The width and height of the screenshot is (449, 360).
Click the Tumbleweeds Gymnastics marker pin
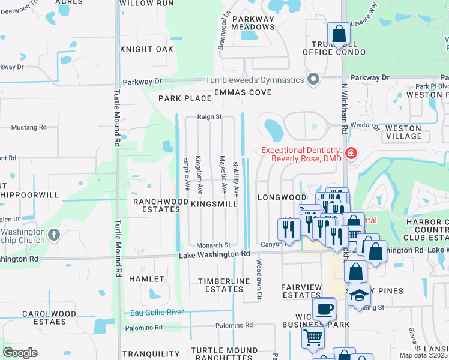pos(313,79)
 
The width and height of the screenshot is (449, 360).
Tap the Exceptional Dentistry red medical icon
pos(351,154)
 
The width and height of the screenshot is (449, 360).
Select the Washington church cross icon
pos(54,234)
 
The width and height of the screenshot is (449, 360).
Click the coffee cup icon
pos(325,310)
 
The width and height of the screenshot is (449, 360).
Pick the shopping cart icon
pos(313,338)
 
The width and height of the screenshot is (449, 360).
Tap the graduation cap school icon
pos(359,295)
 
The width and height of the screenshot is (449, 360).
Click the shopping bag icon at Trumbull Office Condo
pos(339,34)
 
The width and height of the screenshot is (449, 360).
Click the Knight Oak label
pos(146,49)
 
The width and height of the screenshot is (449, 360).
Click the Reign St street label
pos(210,117)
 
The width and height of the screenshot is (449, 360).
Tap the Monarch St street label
pos(213,245)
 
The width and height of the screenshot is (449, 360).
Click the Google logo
pos(20,353)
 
